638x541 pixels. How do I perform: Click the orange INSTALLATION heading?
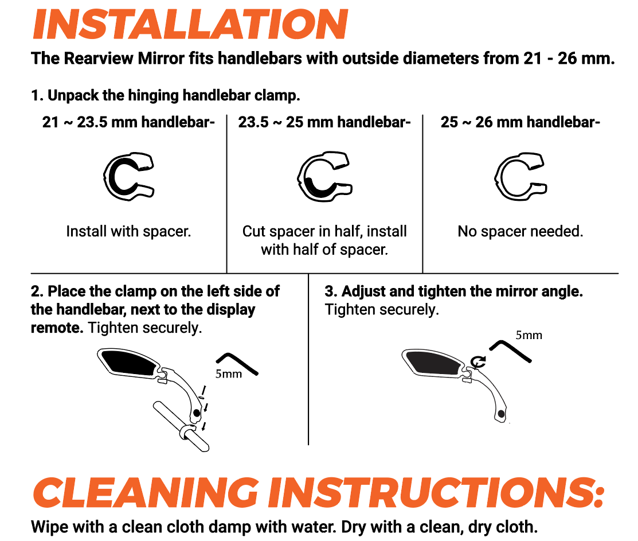point(190,24)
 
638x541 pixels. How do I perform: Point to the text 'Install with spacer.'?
point(128,231)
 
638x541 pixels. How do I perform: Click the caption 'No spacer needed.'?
point(520,231)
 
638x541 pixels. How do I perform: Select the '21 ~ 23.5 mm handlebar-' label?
point(128,122)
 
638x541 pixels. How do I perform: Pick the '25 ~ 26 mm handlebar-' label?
point(520,122)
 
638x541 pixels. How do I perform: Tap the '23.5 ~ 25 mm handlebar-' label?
point(324,122)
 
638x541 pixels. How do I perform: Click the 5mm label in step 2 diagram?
point(229,373)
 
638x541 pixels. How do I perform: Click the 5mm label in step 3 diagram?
point(529,335)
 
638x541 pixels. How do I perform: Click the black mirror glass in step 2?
point(130,363)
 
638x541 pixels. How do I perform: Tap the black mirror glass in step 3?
point(434,363)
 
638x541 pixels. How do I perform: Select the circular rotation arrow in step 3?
point(477,361)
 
